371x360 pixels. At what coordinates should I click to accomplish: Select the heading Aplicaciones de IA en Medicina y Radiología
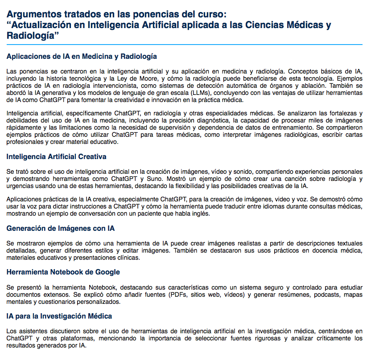click(82, 57)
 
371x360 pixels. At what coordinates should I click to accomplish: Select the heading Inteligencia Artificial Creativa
click(56, 157)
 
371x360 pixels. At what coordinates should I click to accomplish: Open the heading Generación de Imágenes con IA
click(60, 229)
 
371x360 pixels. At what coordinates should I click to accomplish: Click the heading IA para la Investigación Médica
click(59, 316)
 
